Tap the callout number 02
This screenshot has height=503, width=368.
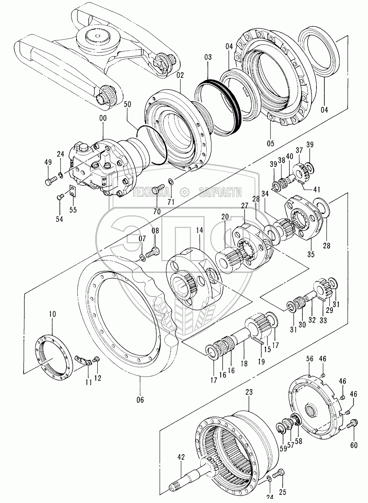(180, 75)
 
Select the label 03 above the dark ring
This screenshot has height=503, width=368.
(208, 57)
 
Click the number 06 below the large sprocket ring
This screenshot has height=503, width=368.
(140, 400)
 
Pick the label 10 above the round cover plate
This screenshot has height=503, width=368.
(53, 314)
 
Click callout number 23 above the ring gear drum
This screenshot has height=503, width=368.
(249, 392)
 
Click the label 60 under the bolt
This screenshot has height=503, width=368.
(354, 445)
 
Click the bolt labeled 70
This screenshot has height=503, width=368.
(158, 189)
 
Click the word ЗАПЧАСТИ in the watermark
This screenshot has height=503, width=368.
(220, 192)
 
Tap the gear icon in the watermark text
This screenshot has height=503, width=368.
(185, 192)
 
